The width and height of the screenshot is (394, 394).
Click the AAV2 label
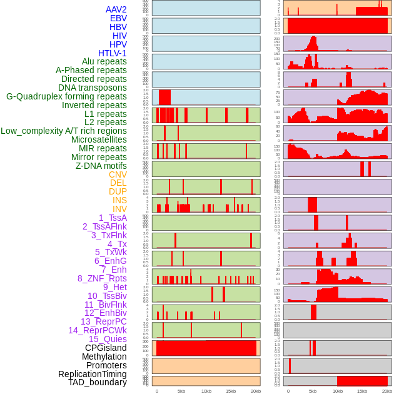[116, 9]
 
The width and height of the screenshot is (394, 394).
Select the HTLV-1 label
[113, 53]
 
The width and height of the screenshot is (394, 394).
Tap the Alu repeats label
[104, 61]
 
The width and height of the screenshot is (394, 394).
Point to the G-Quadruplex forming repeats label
[66, 96]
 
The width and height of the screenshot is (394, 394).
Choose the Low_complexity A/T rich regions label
[64, 131]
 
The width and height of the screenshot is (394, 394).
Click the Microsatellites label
[99, 139]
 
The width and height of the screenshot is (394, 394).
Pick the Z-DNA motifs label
[101, 166]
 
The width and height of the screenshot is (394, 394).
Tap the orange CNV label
[118, 174]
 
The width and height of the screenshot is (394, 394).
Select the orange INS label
[119, 200]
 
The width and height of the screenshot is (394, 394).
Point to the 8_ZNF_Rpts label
[102, 278]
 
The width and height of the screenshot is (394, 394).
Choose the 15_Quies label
[108, 339]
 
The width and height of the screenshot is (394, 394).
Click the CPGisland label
[106, 348]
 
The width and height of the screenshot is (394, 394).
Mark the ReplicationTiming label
[92, 374]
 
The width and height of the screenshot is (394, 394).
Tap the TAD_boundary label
[98, 382]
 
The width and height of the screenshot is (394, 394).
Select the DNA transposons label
[93, 88]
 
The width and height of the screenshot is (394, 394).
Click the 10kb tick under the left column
[206, 391]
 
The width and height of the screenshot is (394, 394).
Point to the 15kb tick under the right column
[362, 391]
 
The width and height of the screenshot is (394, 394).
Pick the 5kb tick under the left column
[181, 391]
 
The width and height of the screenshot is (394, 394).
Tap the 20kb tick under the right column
[387, 391]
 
